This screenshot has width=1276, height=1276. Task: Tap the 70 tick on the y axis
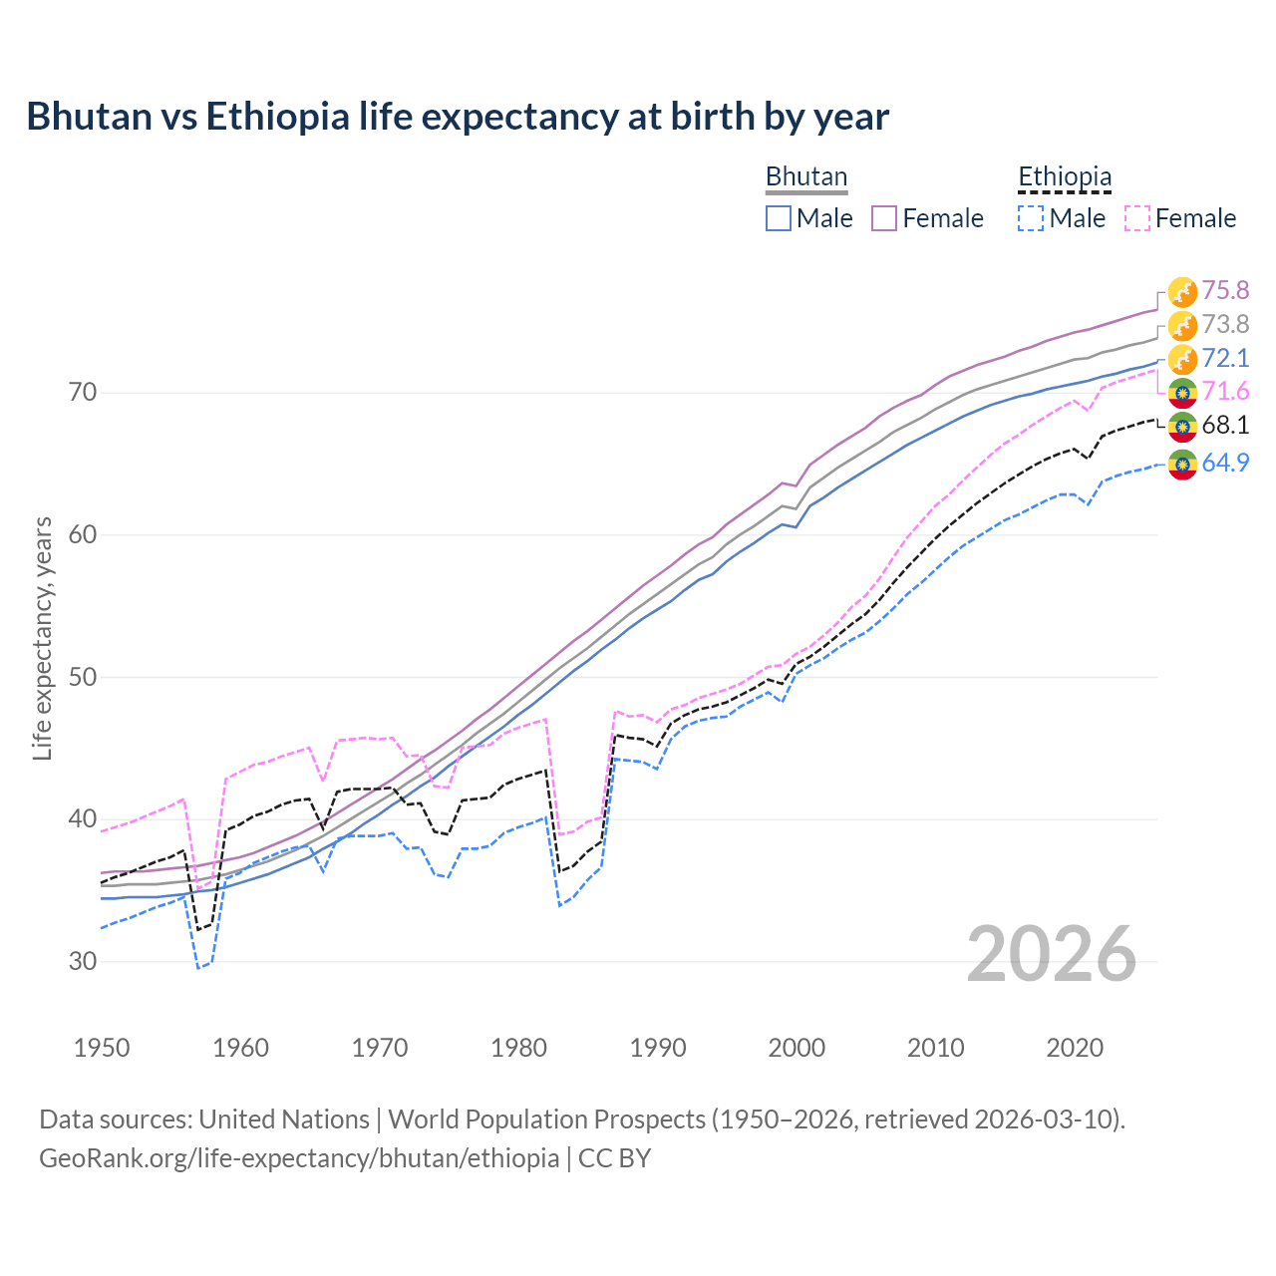point(84,393)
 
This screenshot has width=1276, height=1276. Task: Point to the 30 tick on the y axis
point(84,962)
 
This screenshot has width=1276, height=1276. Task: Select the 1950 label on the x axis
point(102,1048)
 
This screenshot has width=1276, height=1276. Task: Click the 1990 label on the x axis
point(658,1048)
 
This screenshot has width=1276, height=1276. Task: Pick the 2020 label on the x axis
point(1075,1048)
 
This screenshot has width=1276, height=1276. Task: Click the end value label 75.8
point(1225,290)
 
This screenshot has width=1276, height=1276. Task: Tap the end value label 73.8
point(1225,324)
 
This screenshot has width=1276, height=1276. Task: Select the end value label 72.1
point(1225,358)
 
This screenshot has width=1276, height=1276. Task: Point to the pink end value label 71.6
point(1225,391)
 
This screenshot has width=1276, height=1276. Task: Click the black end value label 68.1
point(1225,425)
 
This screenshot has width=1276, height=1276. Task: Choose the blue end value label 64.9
point(1225,463)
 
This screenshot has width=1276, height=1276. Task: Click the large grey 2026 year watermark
point(1052,954)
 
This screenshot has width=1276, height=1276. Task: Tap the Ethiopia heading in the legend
point(1065,177)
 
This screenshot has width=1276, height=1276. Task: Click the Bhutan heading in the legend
point(806,177)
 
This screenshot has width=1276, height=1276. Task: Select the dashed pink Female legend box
point(1137,218)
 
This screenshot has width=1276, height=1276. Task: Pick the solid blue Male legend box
point(779,218)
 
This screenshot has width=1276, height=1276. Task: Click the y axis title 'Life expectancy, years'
point(43,638)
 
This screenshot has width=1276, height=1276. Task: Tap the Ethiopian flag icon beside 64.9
point(1182,464)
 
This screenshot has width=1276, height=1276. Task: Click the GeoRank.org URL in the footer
point(299,1158)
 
